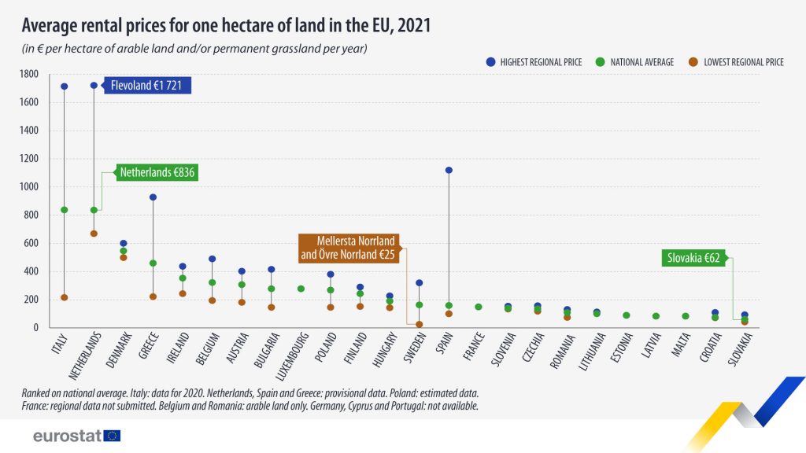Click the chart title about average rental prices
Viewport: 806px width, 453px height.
[225, 25]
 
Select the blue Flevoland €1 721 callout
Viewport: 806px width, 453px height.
[150, 86]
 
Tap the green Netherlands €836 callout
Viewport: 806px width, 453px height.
[157, 172]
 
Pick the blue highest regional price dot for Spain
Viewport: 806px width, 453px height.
[449, 170]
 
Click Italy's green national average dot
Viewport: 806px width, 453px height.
[64, 210]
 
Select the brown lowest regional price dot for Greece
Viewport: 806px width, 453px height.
[153, 296]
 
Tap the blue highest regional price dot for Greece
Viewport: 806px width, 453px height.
[153, 197]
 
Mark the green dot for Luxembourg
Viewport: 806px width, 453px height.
[301, 289]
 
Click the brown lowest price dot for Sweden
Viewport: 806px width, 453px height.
[419, 324]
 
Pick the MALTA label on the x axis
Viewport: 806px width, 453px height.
[681, 347]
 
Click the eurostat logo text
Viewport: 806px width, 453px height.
[67, 436]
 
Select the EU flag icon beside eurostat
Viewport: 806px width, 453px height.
[113, 436]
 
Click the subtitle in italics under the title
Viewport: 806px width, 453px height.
[194, 49]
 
